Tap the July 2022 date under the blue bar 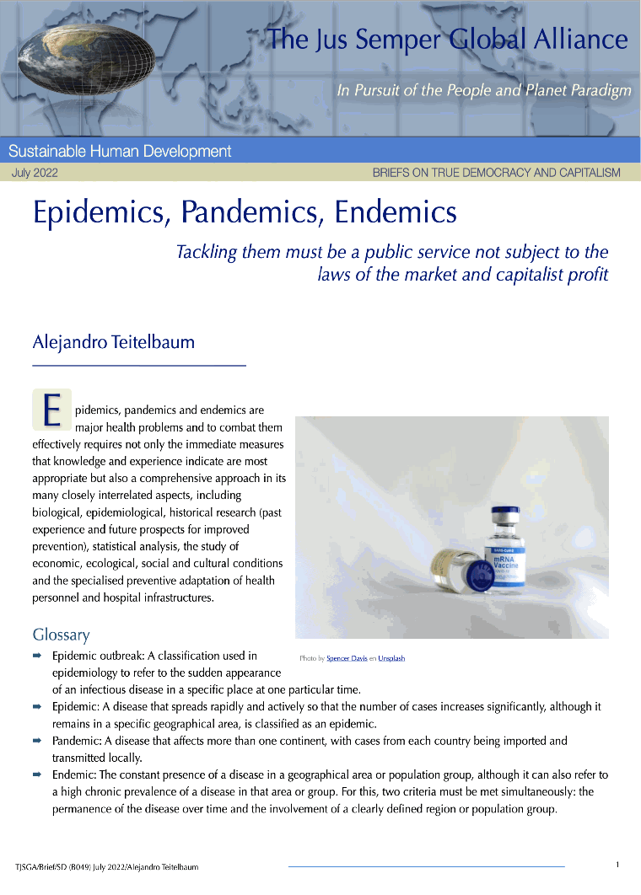point(35,173)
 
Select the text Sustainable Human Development point(120,152)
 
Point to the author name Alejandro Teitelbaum point(113,342)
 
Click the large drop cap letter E point(51,410)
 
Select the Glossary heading point(61,635)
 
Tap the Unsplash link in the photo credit point(391,658)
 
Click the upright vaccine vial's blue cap point(506,515)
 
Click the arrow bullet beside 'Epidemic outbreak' point(38,656)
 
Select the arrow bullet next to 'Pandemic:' point(38,741)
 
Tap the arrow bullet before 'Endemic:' point(38,774)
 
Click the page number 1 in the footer point(617,865)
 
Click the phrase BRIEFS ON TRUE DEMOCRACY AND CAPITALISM point(496,173)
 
